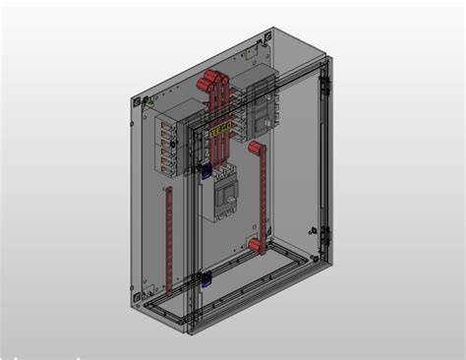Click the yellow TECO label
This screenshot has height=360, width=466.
(x=221, y=128)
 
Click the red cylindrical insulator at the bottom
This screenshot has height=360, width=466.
(x=254, y=244)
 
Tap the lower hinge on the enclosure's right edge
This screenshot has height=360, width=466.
(x=325, y=235)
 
